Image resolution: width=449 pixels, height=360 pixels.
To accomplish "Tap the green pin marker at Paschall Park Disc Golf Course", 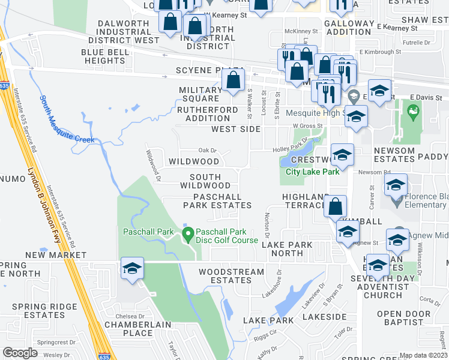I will coord(187,233).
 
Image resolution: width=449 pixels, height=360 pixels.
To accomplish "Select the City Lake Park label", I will coord(313,172).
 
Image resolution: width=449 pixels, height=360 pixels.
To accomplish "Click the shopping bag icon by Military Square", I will coord(233,80).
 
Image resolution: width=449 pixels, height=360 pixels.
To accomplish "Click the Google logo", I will coord(20,352).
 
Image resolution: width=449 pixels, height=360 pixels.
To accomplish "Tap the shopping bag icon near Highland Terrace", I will coord(335,206).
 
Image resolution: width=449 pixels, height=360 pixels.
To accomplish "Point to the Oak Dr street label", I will coord(206,151).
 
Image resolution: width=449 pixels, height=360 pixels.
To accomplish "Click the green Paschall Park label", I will coord(148,232).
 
